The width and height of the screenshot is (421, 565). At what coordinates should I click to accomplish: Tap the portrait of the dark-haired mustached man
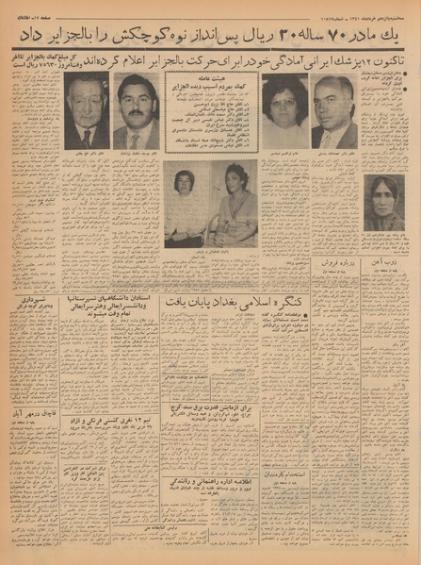(136, 113)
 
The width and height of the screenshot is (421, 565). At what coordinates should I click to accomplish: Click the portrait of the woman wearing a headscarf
(383, 203)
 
